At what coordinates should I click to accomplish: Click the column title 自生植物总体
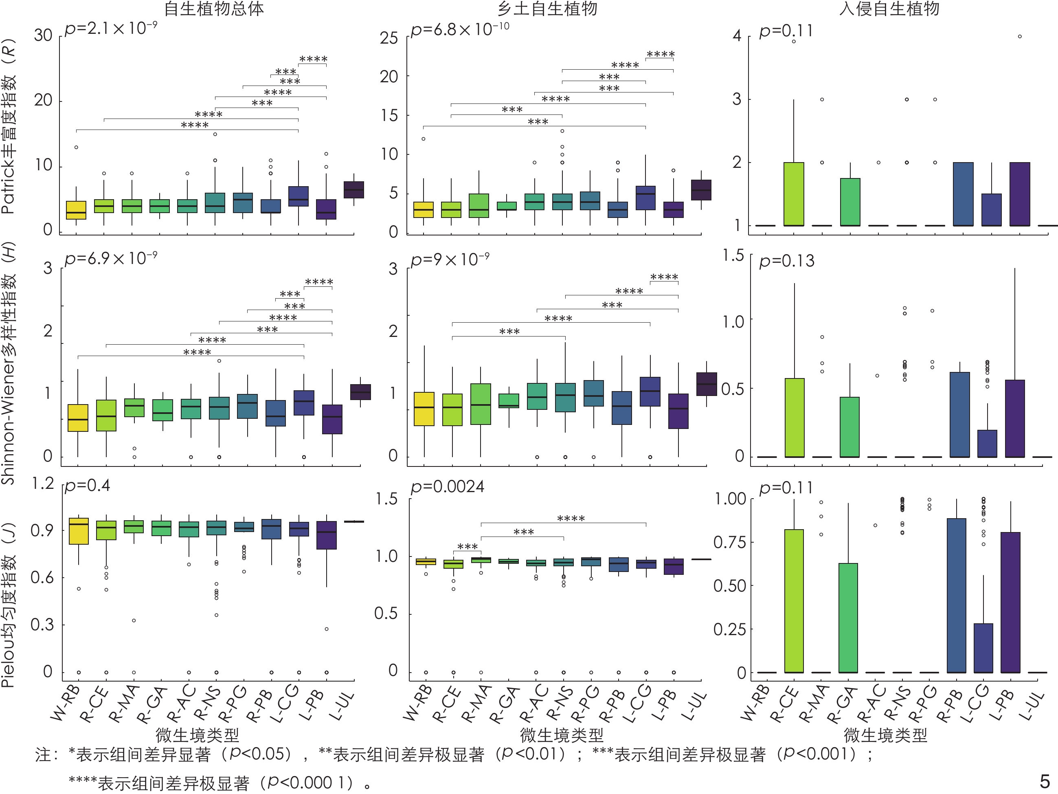(214, 9)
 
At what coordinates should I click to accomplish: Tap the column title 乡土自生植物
(547, 9)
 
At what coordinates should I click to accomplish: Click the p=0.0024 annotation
(447, 487)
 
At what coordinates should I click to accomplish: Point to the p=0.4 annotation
(88, 486)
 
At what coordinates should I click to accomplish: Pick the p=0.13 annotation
(787, 261)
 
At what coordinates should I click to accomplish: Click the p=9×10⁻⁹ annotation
(450, 260)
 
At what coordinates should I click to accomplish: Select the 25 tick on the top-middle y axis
(389, 38)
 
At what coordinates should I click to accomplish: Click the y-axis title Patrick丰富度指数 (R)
(9, 127)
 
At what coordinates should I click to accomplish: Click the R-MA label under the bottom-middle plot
(476, 704)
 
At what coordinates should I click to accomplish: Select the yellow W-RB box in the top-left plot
(76, 210)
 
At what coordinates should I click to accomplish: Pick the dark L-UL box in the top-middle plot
(701, 190)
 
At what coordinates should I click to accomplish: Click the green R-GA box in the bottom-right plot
(848, 617)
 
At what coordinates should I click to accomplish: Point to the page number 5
(1045, 781)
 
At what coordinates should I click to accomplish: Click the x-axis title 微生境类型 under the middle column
(562, 735)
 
